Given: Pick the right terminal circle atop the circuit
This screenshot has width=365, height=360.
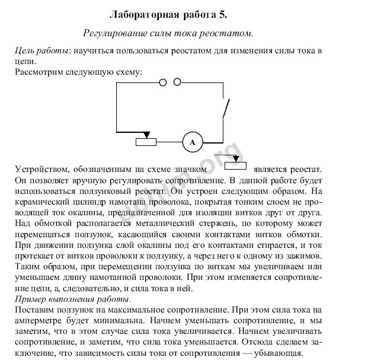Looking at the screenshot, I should (177, 82).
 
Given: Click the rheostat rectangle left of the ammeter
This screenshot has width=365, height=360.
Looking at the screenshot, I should (146, 141).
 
